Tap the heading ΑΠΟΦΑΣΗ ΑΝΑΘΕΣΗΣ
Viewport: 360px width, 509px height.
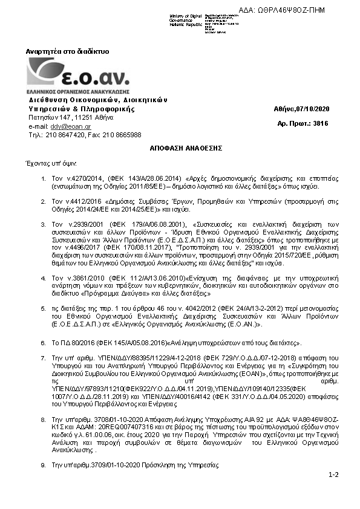180,148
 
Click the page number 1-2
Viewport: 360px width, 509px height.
333,476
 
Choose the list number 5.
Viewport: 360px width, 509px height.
43,308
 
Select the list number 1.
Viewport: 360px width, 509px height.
43,180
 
